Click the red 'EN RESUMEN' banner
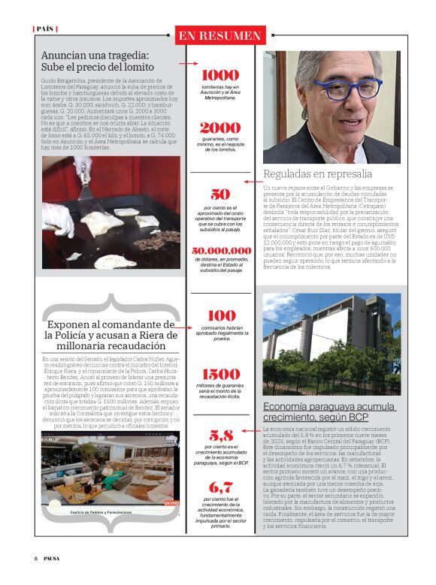[220, 35]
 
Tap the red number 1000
[220, 75]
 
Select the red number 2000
[220, 128]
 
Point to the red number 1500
[220, 374]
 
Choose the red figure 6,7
[220, 487]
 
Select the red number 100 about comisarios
[220, 317]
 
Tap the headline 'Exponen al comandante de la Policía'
[105, 335]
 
